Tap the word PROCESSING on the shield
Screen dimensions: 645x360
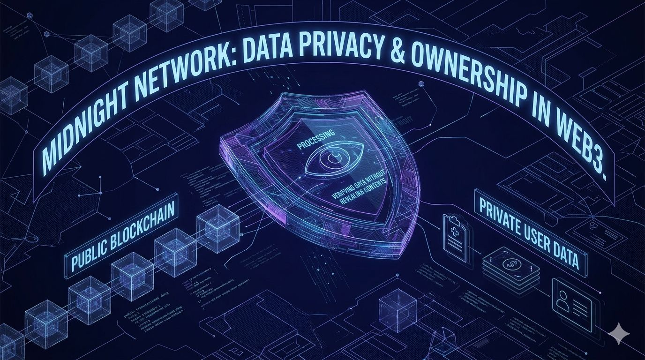point(316,140)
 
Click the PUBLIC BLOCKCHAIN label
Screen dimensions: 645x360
point(123,237)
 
